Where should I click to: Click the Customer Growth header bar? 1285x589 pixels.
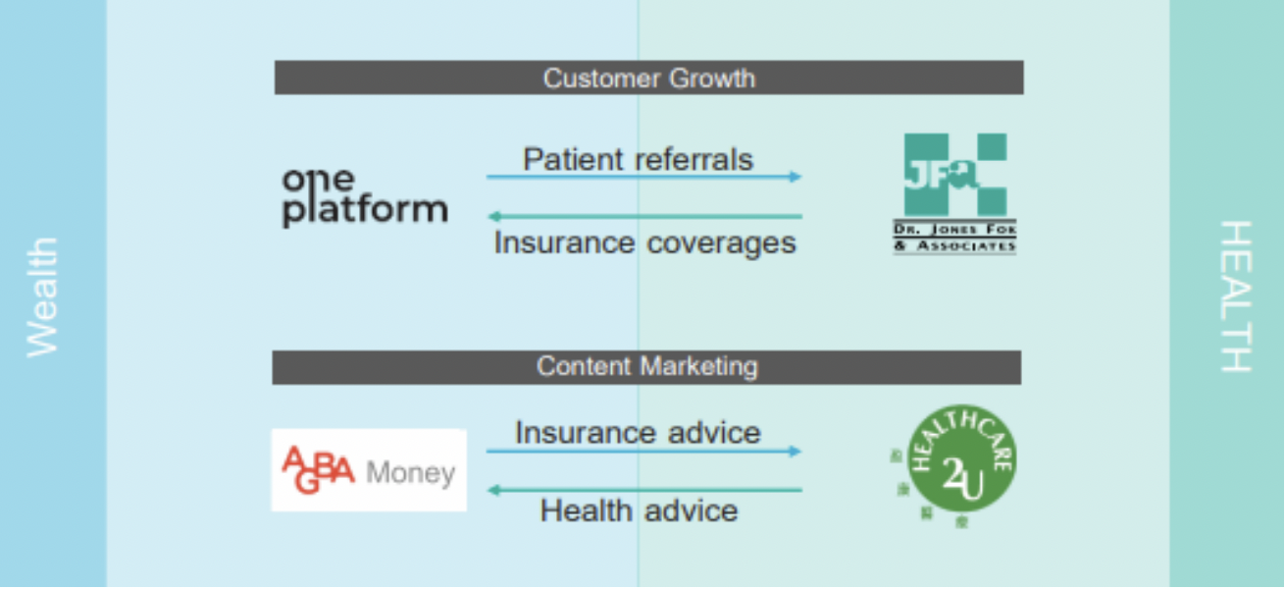(648, 78)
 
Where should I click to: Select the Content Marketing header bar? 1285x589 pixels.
(646, 367)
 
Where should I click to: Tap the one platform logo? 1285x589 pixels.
(364, 196)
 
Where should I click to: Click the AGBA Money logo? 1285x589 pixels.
(369, 470)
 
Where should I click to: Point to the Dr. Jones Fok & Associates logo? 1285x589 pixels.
(954, 193)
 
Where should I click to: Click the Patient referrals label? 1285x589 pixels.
(638, 159)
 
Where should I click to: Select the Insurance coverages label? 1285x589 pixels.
(644, 241)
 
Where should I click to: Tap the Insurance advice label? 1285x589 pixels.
(638, 432)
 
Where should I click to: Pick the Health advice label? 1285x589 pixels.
(639, 510)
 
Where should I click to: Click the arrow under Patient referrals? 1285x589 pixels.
(643, 178)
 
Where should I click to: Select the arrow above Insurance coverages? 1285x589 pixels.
(643, 216)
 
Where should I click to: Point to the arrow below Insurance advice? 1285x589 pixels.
(643, 452)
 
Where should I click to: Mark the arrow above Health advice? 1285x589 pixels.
(643, 490)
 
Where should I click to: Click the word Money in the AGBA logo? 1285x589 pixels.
(410, 473)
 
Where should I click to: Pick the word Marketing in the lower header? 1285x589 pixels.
(698, 367)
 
